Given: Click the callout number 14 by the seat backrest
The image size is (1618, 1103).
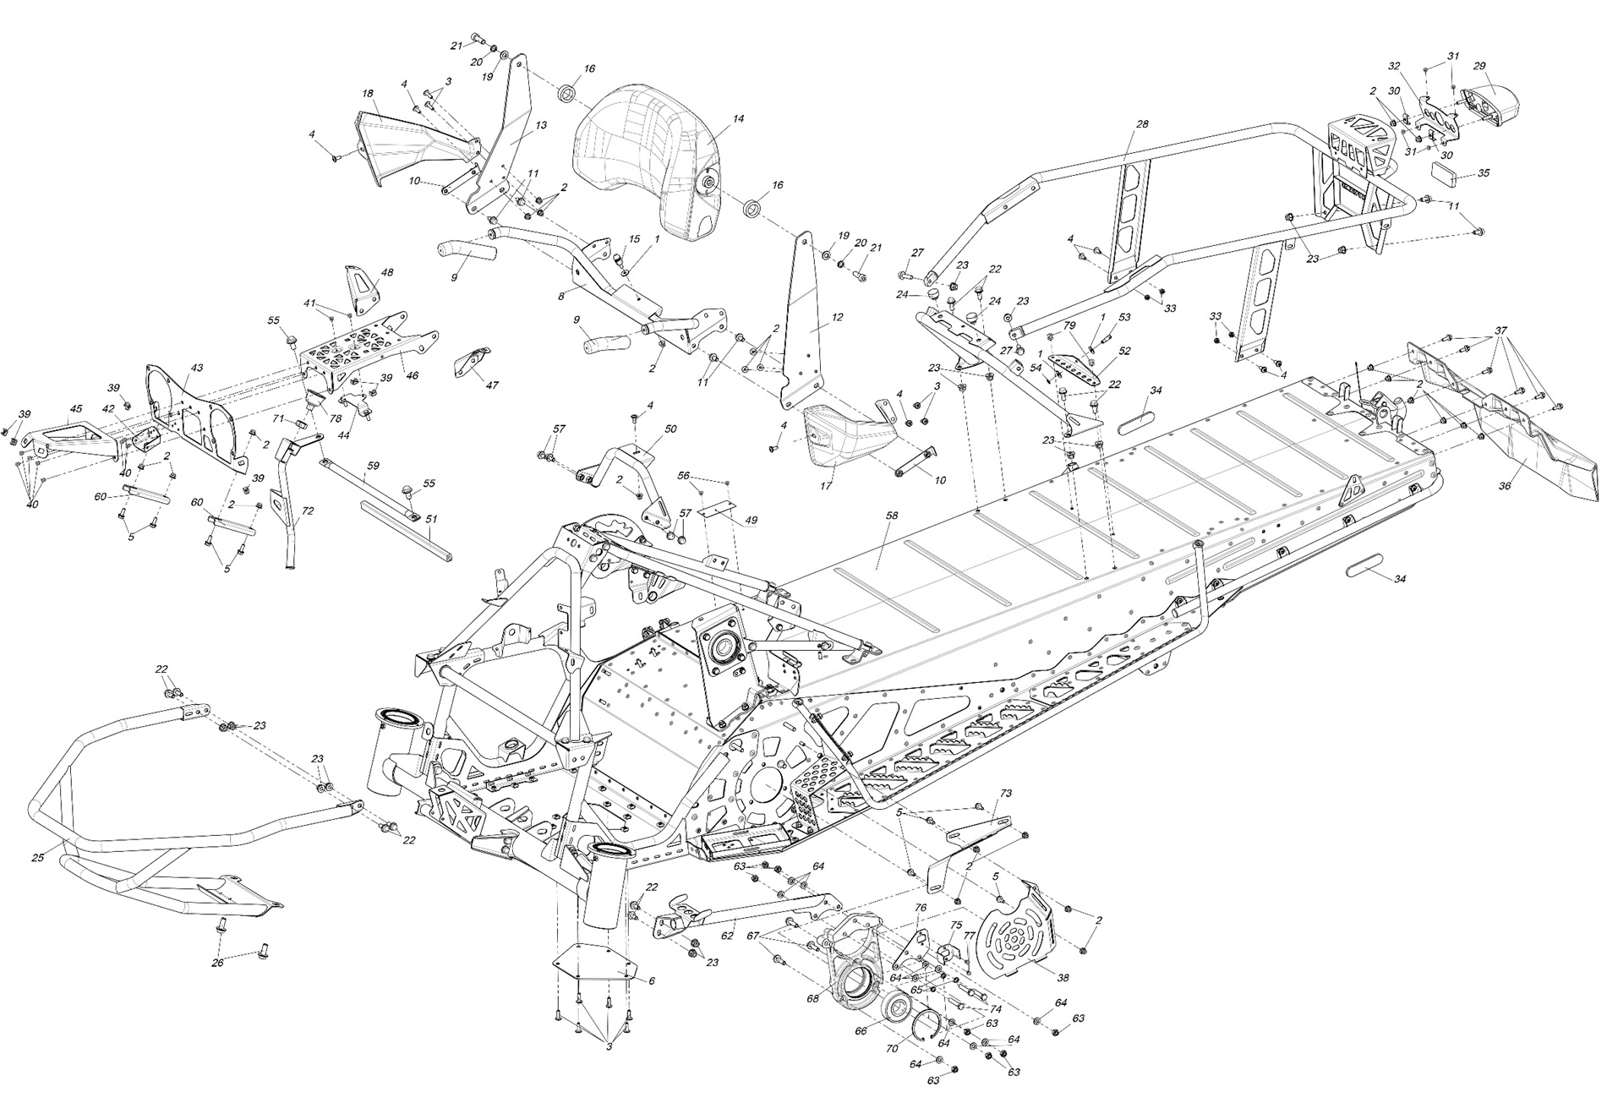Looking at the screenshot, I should point(738,119).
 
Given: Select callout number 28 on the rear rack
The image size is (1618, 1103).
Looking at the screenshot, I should point(1142,124).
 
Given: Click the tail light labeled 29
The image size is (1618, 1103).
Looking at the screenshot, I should point(1493,104).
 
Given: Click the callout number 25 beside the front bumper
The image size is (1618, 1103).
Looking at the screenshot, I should point(37,858).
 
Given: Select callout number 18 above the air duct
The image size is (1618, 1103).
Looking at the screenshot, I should point(367,93).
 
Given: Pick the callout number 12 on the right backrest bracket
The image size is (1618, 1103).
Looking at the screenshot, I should point(837,318).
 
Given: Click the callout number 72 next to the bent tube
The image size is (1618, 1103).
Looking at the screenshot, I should point(308,511).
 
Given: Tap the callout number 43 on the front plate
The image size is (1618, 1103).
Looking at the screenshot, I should point(196,368).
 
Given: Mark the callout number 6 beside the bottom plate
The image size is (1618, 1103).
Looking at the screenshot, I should point(651,980).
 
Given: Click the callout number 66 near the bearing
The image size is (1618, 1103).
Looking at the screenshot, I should point(861,1031).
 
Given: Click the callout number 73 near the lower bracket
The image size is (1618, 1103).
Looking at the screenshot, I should point(1005,793).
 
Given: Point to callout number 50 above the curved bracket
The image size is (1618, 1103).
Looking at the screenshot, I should point(670,429).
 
